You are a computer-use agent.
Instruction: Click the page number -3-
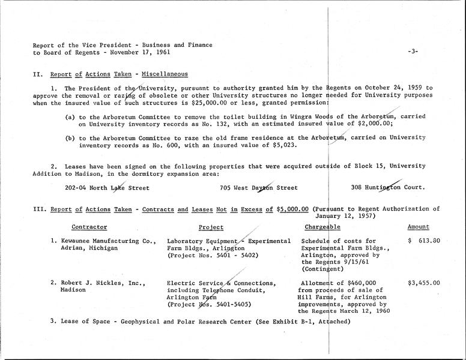[x=412, y=52]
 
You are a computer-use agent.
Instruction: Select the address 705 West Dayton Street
[x=259, y=187]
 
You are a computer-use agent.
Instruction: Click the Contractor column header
[x=89, y=227]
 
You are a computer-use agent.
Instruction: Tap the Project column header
[x=211, y=227]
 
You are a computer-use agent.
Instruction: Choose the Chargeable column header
[x=323, y=227]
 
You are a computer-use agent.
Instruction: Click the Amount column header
[x=419, y=227]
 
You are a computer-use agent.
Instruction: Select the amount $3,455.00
[x=424, y=283]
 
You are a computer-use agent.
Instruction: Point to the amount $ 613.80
[x=424, y=241]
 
